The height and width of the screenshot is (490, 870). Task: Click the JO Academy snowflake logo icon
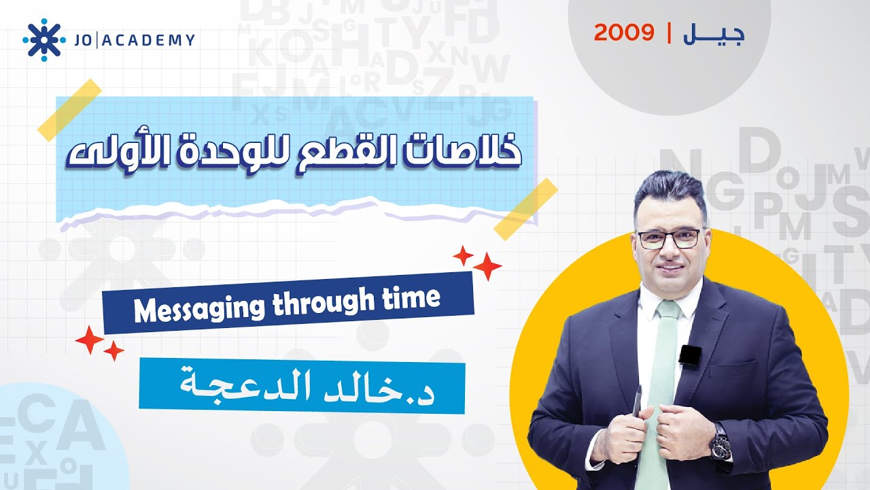tap(44, 40)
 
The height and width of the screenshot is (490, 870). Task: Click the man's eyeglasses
tap(668, 238)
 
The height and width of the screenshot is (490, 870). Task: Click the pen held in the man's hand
tap(638, 402)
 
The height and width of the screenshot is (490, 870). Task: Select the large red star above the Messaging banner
tap(487, 266)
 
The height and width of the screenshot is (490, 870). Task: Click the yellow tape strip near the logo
tap(69, 110)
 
